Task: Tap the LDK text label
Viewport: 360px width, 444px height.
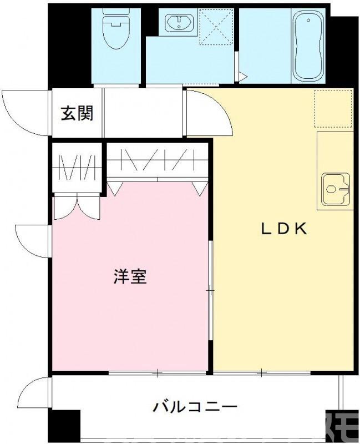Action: [285, 229]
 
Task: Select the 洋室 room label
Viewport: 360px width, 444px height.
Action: [130, 276]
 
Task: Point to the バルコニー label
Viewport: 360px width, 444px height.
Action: [195, 407]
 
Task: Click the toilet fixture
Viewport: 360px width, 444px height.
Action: [115, 28]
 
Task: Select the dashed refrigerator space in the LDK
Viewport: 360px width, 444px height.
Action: [334, 107]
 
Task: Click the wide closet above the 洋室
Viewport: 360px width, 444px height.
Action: [157, 161]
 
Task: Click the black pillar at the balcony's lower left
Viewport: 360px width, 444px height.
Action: [64, 426]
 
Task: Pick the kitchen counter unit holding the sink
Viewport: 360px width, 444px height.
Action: [335, 170]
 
